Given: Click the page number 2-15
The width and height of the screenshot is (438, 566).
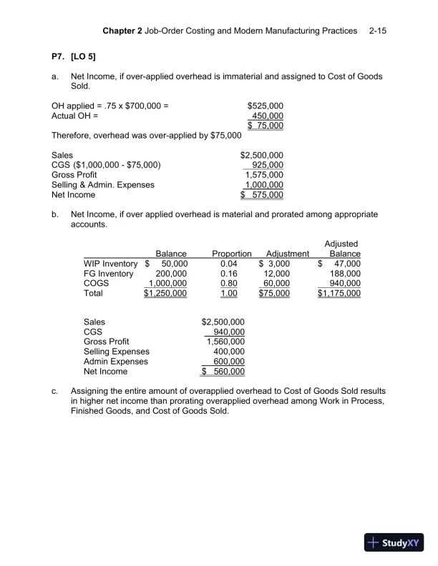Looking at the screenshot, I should (377, 31).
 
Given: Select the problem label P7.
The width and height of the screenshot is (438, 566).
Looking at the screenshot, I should (59, 56).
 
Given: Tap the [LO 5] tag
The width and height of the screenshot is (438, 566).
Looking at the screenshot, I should (83, 56).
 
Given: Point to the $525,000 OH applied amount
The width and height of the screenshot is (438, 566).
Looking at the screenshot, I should (265, 106).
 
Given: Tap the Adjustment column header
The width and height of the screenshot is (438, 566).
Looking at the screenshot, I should (287, 254).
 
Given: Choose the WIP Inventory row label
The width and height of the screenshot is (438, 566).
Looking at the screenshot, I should (110, 264).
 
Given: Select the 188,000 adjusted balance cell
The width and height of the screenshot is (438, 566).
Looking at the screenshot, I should (343, 274).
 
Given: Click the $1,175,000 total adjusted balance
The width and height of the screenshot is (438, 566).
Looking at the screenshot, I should (339, 293).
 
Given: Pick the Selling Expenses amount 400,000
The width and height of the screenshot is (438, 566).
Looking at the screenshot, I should (229, 352).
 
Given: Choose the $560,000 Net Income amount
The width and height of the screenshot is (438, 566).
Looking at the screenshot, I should (223, 372).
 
